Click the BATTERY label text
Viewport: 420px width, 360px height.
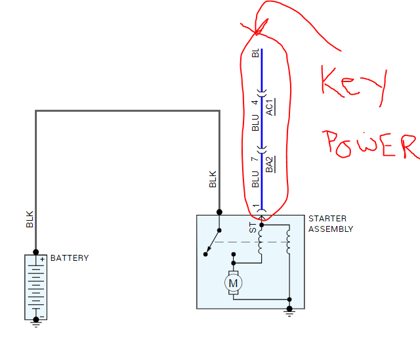pos(69,258)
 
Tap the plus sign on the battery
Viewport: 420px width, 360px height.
pos(42,259)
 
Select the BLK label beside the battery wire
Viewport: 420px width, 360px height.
pos(30,219)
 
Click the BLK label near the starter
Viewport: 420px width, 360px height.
pos(213,179)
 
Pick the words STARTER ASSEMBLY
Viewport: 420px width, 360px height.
pos(331,224)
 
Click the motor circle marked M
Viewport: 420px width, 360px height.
pos(233,282)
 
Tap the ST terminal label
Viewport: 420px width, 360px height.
pos(253,228)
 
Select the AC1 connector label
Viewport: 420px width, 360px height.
pos(270,106)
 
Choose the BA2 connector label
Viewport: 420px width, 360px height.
pos(270,164)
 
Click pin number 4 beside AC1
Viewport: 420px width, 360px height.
pos(255,102)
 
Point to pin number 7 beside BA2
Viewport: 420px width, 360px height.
pos(255,160)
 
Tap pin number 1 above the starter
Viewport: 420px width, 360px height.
pos(255,208)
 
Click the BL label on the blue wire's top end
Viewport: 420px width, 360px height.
pos(255,53)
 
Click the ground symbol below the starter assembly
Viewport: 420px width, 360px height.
pos(289,311)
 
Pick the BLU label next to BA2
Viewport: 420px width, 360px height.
pos(255,179)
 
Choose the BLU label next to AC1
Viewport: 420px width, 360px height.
pos(255,123)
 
